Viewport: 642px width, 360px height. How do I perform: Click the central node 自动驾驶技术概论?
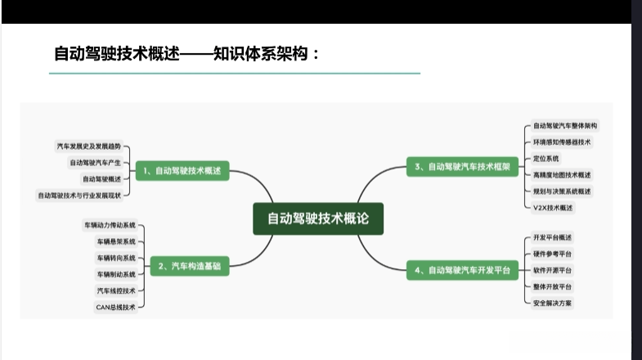pyautogui.click(x=318, y=218)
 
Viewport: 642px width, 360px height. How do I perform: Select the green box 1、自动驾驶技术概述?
pyautogui.click(x=182, y=172)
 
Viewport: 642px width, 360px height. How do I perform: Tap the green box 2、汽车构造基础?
pyautogui.click(x=190, y=266)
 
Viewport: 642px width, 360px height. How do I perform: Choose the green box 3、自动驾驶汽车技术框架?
pyautogui.click(x=462, y=167)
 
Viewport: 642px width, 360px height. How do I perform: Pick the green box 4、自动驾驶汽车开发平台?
pyautogui.click(x=462, y=269)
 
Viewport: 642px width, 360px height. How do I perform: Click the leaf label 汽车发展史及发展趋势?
pyautogui.click(x=88, y=146)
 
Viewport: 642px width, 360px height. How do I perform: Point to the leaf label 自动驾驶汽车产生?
pyautogui.click(x=95, y=162)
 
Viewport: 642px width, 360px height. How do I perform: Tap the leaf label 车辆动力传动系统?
pyautogui.click(x=110, y=224)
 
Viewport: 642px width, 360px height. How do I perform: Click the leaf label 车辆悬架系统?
pyautogui.click(x=115, y=241)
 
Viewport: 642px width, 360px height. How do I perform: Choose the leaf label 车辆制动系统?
pyautogui.click(x=115, y=274)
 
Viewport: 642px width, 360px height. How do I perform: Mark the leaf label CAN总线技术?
pyautogui.click(x=115, y=307)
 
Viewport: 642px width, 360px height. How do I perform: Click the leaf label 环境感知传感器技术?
pyautogui.click(x=562, y=142)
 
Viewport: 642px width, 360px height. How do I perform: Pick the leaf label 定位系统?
pyautogui.click(x=546, y=158)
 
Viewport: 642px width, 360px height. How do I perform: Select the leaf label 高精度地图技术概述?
pyautogui.click(x=562, y=174)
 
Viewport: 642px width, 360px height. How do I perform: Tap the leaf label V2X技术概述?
pyautogui.click(x=554, y=207)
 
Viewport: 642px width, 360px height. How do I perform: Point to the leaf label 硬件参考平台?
pyautogui.click(x=553, y=253)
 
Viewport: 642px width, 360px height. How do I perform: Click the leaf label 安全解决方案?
pyautogui.click(x=553, y=303)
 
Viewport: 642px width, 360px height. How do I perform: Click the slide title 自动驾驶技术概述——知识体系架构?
pyautogui.click(x=186, y=54)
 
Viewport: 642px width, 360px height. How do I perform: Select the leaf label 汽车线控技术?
pyautogui.click(x=115, y=290)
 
